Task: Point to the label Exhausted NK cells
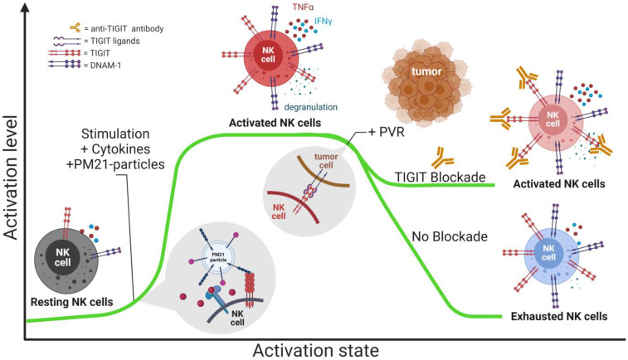558,316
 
